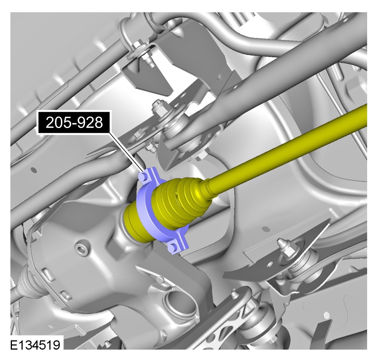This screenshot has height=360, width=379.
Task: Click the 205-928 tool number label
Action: [74, 122]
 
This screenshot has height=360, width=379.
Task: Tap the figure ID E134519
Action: [35, 345]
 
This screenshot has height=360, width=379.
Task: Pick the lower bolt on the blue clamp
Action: [173, 247]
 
